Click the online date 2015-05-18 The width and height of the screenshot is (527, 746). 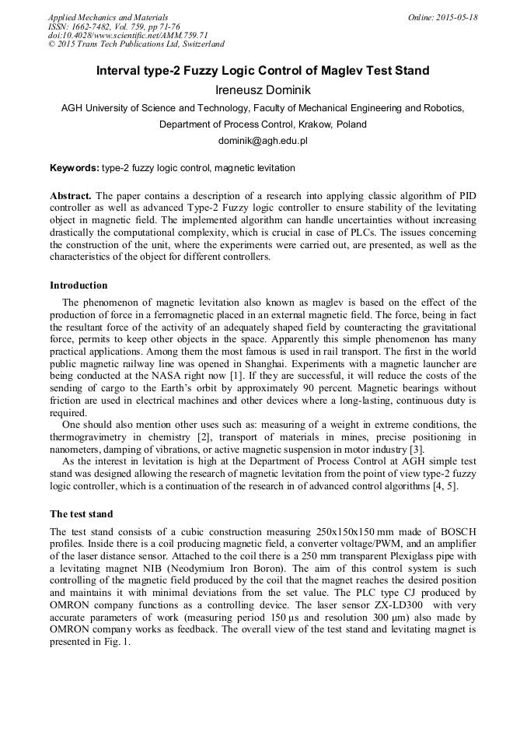[x=456, y=17]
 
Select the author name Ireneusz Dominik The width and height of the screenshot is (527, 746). [x=263, y=90]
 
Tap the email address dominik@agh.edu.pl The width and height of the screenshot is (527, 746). [x=263, y=141]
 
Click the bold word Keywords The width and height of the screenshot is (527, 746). [x=75, y=168]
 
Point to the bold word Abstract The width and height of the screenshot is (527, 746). [x=71, y=196]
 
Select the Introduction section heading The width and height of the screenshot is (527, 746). [x=79, y=285]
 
